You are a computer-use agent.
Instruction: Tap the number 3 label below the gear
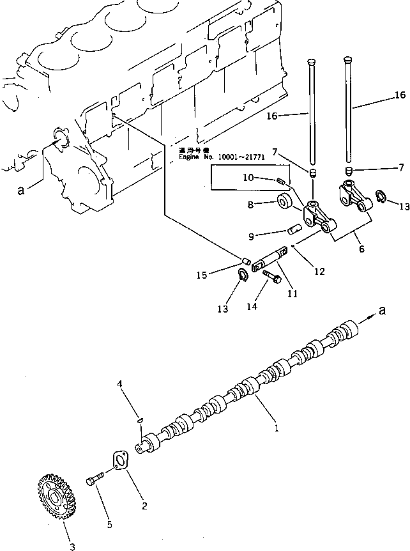[72, 546]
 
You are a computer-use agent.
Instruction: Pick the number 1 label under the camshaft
[277, 429]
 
